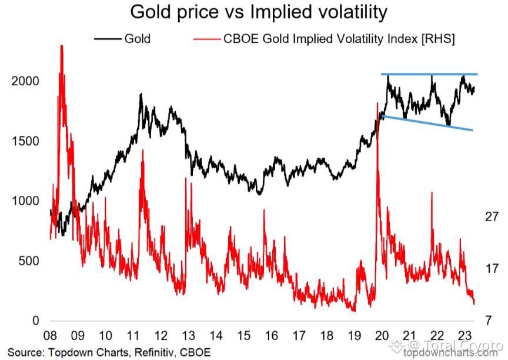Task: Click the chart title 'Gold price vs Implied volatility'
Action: [259, 12]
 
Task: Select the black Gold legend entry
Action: [122, 39]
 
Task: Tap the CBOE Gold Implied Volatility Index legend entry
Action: [324, 39]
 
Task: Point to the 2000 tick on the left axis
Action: [25, 81]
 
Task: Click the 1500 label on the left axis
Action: [25, 141]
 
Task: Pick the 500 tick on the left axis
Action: [28, 261]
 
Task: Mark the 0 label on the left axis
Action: [36, 321]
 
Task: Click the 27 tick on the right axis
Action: [492, 216]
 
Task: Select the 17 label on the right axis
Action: [492, 269]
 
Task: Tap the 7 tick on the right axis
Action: [489, 321]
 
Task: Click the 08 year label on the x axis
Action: [50, 336]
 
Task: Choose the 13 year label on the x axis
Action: [188, 336]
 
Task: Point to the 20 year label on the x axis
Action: [382, 336]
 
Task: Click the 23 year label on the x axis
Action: [464, 336]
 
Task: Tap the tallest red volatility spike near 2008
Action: [62, 46]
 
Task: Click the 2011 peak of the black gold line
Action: [141, 94]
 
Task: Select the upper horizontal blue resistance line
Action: [429, 74]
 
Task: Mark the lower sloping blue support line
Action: [427, 123]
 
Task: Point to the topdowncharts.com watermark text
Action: [450, 353]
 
